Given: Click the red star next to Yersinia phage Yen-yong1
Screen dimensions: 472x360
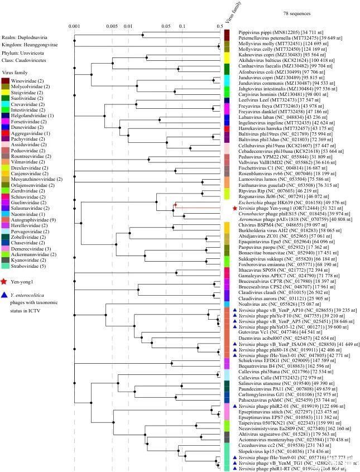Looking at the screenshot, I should pyautogui.click(x=234, y=208).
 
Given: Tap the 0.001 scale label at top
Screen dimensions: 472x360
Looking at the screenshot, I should pyautogui.click(x=74, y=26).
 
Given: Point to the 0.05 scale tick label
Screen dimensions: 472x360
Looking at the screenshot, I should pyautogui.click(x=165, y=26).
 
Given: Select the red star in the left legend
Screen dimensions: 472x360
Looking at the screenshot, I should pyautogui.click(x=5, y=282).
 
